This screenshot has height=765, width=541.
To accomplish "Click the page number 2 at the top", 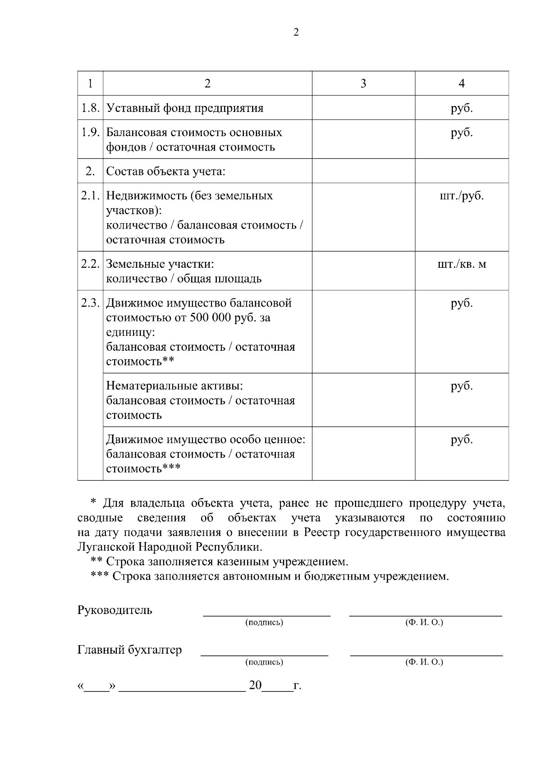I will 296,32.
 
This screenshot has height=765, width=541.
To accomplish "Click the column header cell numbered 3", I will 363,83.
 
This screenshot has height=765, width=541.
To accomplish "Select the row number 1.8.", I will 90,108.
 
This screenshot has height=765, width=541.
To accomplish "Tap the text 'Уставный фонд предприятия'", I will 185,108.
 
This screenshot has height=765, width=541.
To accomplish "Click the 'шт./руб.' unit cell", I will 461,196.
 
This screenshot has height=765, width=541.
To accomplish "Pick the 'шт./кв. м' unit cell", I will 461,264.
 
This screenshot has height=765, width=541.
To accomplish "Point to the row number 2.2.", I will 90,264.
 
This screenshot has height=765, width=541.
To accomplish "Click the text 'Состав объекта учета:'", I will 165,172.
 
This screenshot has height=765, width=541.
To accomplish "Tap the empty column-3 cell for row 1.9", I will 363,139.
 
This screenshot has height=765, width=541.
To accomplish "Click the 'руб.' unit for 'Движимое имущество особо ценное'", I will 461,440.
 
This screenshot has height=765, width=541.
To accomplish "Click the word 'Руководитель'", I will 115,610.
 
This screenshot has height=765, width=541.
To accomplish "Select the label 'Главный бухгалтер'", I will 130,650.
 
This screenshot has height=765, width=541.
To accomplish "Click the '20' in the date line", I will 255,686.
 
